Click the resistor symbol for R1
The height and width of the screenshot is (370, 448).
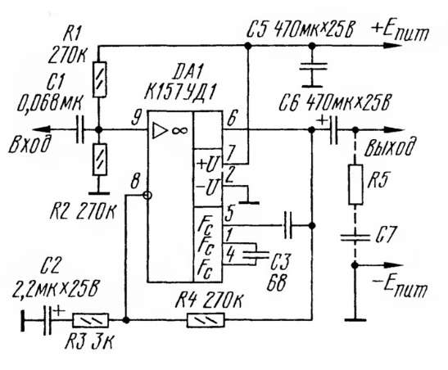100,79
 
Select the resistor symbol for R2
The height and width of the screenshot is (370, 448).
100,160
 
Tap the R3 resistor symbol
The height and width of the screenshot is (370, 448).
91,320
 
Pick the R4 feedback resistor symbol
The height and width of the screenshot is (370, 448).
206,320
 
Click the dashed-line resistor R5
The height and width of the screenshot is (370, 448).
355,184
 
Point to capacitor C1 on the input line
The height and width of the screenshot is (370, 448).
80,130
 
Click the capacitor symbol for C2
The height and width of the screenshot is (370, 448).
48,320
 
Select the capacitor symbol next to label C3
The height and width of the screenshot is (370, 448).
256,255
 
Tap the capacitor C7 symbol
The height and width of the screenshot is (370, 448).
355,237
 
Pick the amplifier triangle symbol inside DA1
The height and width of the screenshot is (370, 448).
160,131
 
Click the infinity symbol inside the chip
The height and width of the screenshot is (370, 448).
180,131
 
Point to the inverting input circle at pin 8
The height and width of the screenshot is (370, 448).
147,196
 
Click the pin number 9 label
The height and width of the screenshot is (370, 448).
137,118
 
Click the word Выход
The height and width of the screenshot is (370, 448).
389,147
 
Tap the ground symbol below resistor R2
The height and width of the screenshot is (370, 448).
99,193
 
